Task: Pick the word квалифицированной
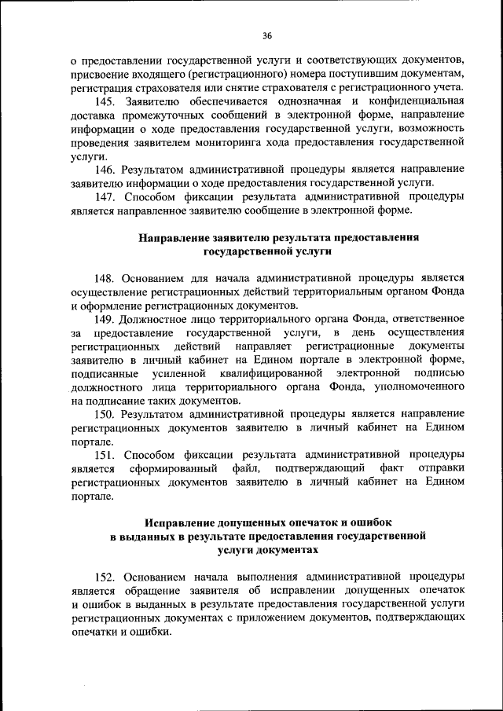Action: pyautogui.click(x=273, y=373)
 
